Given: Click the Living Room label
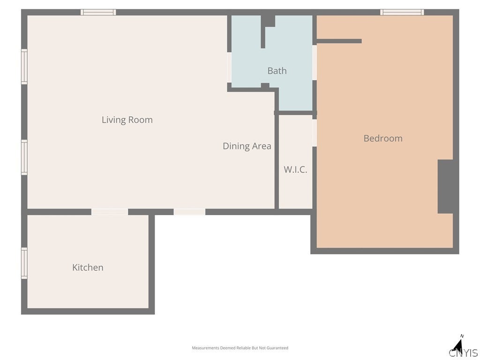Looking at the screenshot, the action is [x=127, y=120].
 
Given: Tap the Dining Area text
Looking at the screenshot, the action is [x=247, y=146].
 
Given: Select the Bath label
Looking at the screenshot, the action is [x=277, y=71].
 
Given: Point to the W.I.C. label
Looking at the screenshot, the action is [x=295, y=170].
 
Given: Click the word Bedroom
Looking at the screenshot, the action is [x=383, y=138].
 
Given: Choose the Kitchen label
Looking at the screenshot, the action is [x=88, y=268].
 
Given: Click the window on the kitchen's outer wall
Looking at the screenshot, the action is [x=24, y=263].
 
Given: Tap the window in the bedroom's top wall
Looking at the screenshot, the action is [x=402, y=12].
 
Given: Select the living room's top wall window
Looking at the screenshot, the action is [x=98, y=12].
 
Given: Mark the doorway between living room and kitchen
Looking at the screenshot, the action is [x=110, y=212].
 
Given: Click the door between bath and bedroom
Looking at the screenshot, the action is [x=315, y=62].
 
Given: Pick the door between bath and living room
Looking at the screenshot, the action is [x=229, y=67].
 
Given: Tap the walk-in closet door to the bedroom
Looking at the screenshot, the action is [x=315, y=133].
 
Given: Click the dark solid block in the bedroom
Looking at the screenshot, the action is [x=445, y=187].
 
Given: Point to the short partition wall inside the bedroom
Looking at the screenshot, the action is [x=339, y=41].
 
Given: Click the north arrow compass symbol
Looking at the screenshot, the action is [x=458, y=345].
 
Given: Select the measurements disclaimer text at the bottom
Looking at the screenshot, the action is [x=240, y=348].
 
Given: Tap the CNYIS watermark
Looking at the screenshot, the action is [x=464, y=352].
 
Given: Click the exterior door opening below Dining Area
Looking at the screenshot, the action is [x=189, y=212].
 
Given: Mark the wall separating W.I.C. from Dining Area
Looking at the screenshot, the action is [x=277, y=161].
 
